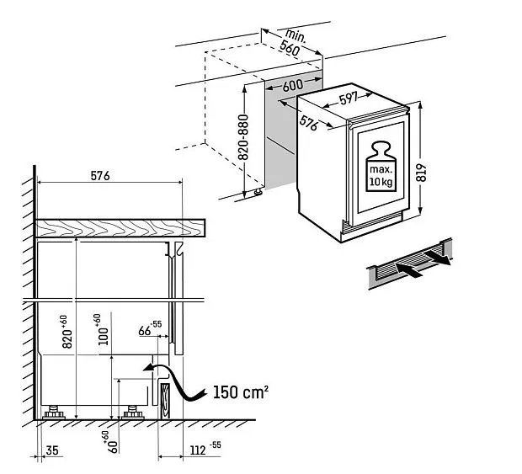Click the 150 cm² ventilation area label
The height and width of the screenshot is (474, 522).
point(240,391)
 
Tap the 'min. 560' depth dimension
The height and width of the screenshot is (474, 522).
point(292,43)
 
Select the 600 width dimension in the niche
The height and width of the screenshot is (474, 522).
point(293,86)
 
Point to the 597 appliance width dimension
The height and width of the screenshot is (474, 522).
point(349,99)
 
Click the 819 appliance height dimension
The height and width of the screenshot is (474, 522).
point(421,173)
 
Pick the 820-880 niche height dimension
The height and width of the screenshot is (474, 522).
point(243,137)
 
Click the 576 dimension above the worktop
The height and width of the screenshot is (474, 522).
point(100,176)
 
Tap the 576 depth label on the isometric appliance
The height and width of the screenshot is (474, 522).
point(308,123)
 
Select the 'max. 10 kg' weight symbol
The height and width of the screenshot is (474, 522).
point(381,167)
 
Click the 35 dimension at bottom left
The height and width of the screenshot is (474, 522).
point(52,450)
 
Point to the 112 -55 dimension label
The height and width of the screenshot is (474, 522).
point(205,449)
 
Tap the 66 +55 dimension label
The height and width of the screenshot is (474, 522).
point(150,328)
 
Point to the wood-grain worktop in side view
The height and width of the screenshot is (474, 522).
point(120,228)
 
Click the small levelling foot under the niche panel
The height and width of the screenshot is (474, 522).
point(258,192)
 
